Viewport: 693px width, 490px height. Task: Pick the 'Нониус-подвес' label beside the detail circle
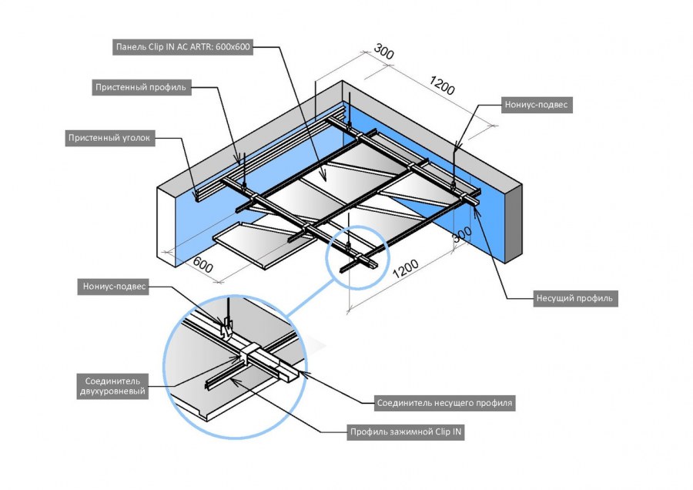tap(114, 287)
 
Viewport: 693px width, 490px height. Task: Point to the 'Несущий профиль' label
tap(576, 297)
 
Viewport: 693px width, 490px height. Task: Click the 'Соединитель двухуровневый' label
tap(112, 385)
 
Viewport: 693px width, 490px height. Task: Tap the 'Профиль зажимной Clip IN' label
tap(405, 432)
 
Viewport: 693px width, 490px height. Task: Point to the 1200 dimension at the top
tap(441, 86)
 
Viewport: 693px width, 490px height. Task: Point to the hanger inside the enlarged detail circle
tap(226, 327)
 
